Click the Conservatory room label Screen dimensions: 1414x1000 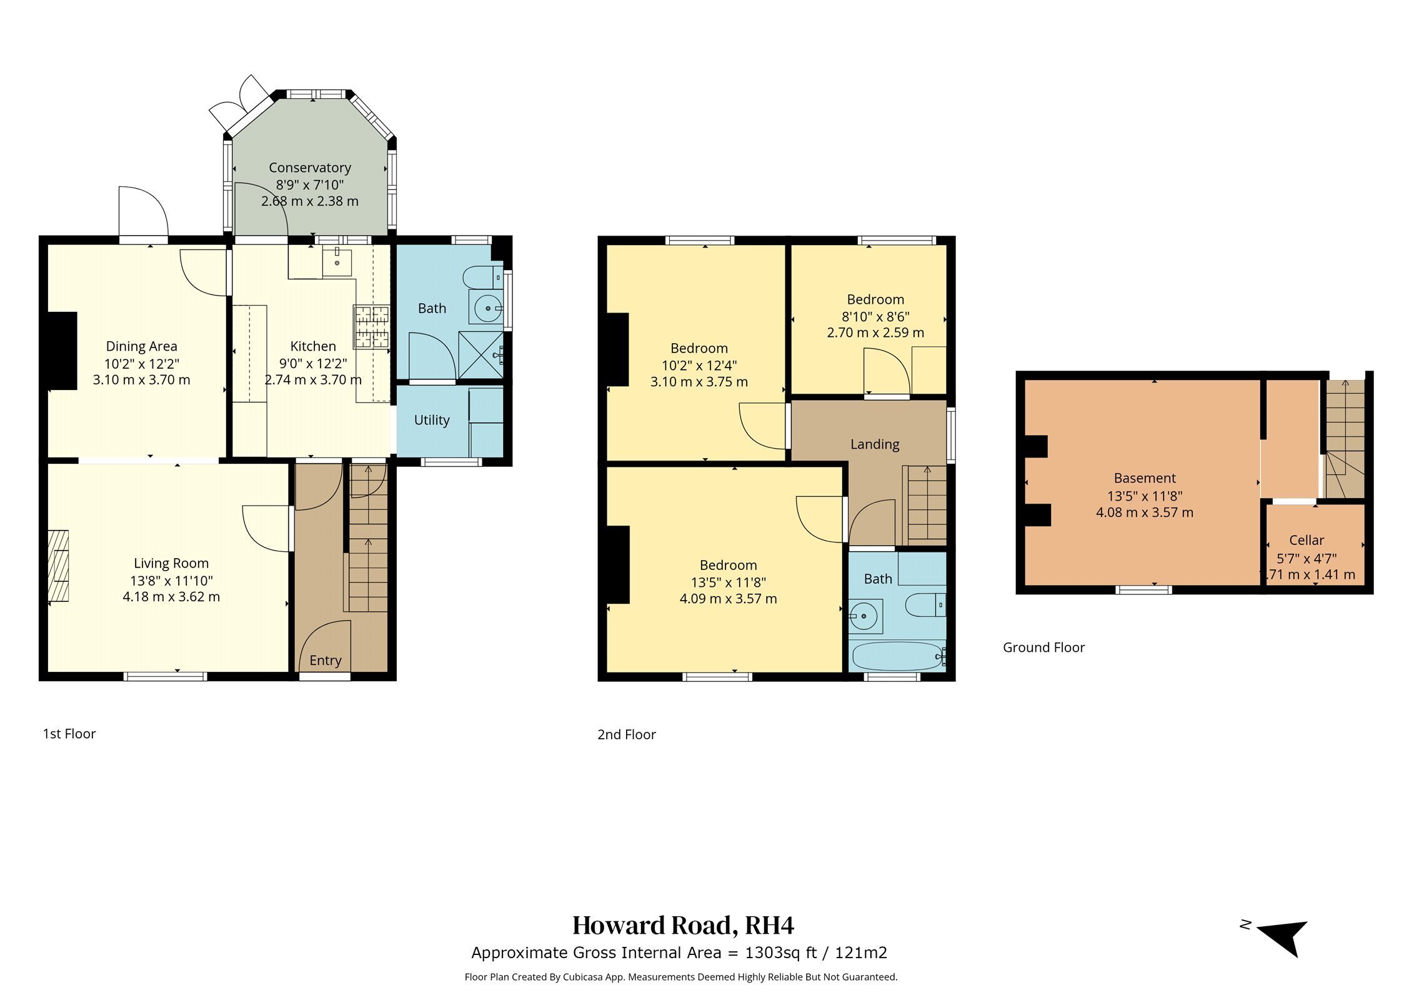pos(310,167)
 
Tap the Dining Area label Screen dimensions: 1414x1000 pos(142,346)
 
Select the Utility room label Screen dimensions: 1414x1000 pos(432,420)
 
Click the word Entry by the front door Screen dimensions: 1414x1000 pos(326,661)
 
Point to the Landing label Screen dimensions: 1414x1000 pos(875,444)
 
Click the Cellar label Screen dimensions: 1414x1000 pos(1307,540)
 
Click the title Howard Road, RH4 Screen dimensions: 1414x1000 pos(683,926)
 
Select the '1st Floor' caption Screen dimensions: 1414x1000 pos(69,734)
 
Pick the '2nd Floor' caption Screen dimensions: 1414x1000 pos(627,734)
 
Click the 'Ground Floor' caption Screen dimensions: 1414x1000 pos(1044,647)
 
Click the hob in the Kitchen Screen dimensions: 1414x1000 pos(372,326)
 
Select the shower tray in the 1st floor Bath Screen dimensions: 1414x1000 pos(481,354)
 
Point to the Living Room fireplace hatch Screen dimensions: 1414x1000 pos(58,566)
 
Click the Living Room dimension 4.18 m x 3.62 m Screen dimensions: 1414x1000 pos(171,597)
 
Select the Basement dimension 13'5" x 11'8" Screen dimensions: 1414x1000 pos(1145,496)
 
